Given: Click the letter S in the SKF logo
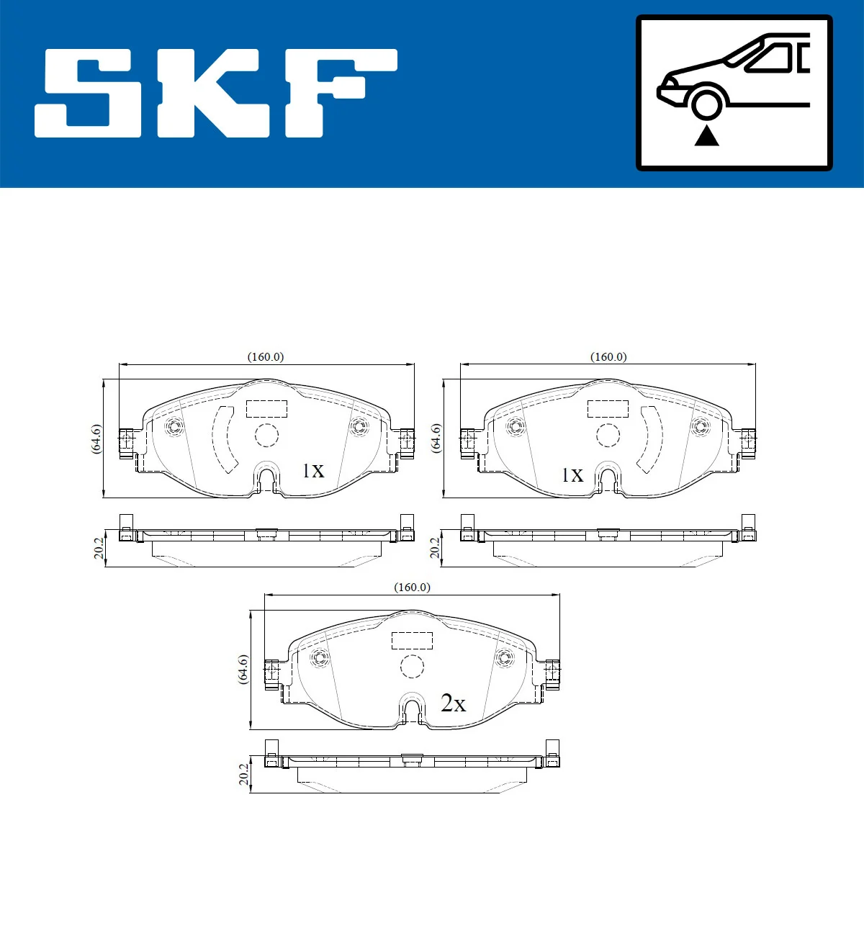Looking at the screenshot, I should click(88, 94).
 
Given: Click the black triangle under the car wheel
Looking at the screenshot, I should click(706, 135).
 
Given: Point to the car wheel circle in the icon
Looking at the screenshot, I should click(706, 103).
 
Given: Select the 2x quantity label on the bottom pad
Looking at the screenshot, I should click(453, 703).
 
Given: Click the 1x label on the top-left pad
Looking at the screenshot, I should click(313, 471).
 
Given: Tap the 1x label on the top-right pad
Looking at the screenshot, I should click(572, 475).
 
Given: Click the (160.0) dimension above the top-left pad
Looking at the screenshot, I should click(266, 357).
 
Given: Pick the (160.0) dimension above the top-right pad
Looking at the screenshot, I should click(608, 357).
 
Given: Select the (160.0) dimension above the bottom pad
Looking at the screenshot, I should click(412, 588).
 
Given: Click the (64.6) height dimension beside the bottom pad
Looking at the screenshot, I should click(243, 669).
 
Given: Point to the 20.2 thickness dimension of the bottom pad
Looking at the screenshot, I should click(243, 775).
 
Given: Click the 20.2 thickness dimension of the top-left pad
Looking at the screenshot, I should click(99, 549).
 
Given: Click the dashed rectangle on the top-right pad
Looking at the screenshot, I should click(608, 408).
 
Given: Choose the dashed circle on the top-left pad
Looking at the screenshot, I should click(266, 436).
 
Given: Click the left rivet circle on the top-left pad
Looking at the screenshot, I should click(174, 426).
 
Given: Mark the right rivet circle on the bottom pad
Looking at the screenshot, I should click(504, 657).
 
